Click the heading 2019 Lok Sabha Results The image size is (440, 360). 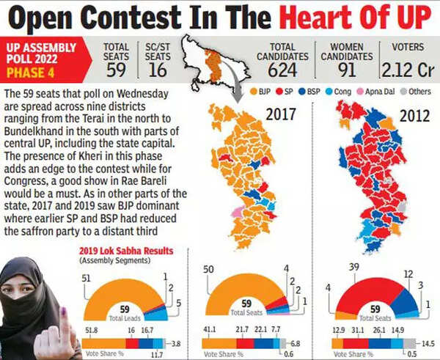click(x=125, y=251)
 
